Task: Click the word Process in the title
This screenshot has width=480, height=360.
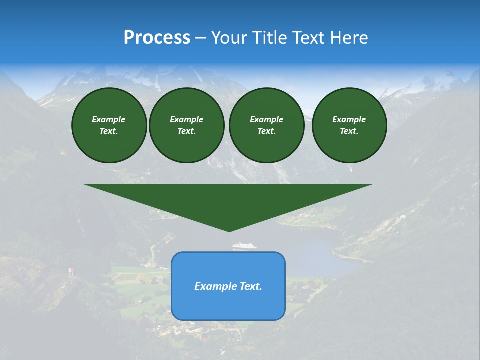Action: (x=157, y=38)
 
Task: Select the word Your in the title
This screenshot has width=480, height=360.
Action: (x=229, y=38)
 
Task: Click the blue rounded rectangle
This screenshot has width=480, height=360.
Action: (x=228, y=305)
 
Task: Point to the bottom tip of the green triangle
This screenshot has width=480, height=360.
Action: (x=229, y=231)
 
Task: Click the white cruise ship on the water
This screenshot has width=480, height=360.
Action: (x=244, y=245)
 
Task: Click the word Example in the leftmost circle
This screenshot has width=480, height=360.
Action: (x=109, y=119)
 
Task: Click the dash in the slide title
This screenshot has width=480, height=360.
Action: (x=201, y=38)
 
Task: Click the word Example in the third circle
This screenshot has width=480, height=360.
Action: (x=266, y=119)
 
